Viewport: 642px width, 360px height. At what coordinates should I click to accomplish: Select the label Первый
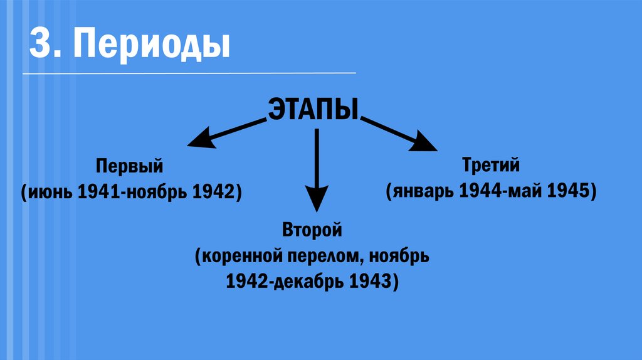click(x=130, y=167)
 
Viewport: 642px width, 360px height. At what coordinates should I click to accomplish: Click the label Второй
click(x=312, y=230)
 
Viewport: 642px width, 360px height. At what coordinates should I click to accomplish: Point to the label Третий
click(x=492, y=166)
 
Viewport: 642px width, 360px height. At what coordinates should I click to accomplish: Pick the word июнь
click(x=51, y=191)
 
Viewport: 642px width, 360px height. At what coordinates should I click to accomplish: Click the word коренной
click(x=239, y=257)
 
